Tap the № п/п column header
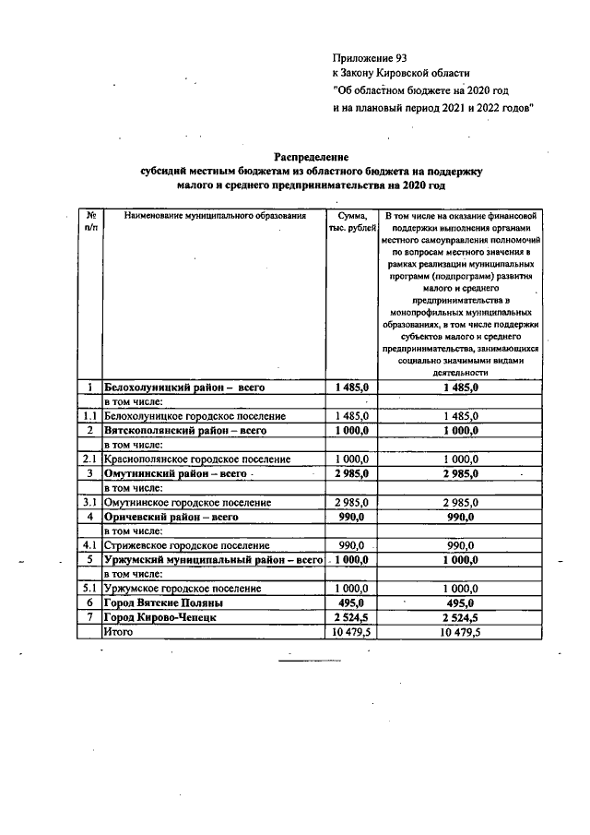coord(91,222)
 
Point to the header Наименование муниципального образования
coord(213,216)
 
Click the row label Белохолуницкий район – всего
coord(184,388)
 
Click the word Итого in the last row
coord(119,632)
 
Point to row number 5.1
coord(90,588)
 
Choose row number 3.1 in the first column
coord(90,502)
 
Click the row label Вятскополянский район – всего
coord(185,431)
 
